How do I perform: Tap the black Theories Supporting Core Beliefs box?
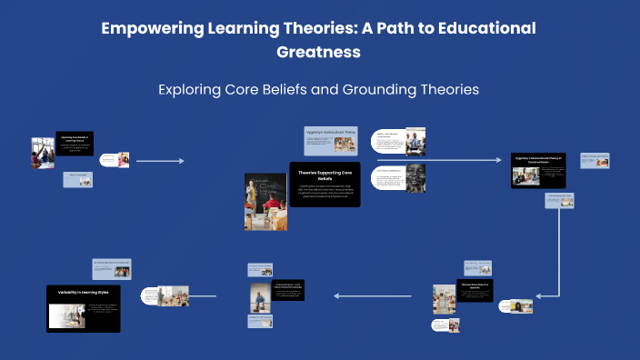tap(325, 185)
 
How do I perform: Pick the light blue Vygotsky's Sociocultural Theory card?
tap(330, 138)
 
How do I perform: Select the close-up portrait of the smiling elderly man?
tap(415, 177)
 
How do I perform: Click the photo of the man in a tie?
tap(415, 141)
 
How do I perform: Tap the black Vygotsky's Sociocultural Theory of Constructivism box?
tap(538, 171)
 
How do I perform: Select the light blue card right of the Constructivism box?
tap(595, 161)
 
